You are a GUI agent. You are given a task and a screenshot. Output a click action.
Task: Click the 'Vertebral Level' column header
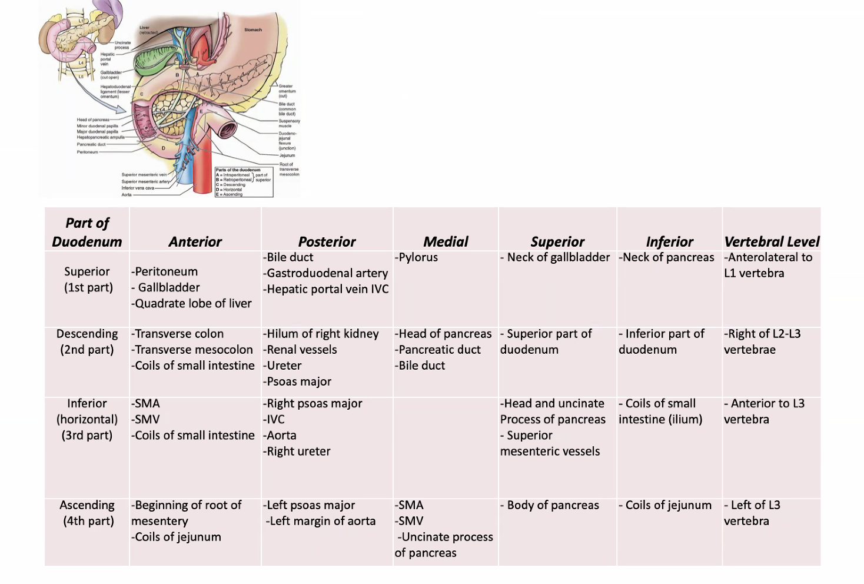click(x=772, y=241)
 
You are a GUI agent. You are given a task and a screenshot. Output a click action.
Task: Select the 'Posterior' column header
click(x=327, y=241)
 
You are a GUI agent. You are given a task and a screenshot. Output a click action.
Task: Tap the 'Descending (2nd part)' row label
click(x=87, y=341)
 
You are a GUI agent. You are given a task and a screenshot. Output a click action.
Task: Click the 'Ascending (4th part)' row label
click(x=87, y=513)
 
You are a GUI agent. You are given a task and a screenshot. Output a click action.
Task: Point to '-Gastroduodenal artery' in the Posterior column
click(x=327, y=273)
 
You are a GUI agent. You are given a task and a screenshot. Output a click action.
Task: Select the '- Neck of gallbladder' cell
click(x=556, y=257)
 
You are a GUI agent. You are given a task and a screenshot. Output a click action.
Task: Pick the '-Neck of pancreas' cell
click(x=666, y=257)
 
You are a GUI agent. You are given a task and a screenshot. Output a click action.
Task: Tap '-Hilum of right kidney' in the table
click(x=321, y=334)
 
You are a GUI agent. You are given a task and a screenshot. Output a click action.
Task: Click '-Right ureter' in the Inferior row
click(x=297, y=452)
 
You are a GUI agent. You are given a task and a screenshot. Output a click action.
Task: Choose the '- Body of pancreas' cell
click(x=550, y=505)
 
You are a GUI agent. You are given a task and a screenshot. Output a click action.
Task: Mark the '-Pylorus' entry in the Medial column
click(x=417, y=257)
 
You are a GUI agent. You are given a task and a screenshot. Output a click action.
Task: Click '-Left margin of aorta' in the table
click(x=321, y=521)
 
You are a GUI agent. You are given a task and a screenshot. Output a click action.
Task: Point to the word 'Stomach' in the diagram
click(x=253, y=29)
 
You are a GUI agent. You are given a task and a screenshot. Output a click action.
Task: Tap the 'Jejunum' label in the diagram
click(x=287, y=155)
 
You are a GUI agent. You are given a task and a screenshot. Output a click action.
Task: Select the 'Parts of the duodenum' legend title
click(x=238, y=170)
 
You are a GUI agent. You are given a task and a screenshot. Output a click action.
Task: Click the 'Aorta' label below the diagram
click(x=127, y=195)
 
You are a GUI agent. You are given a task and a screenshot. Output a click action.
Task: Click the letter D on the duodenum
click(x=164, y=148)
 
